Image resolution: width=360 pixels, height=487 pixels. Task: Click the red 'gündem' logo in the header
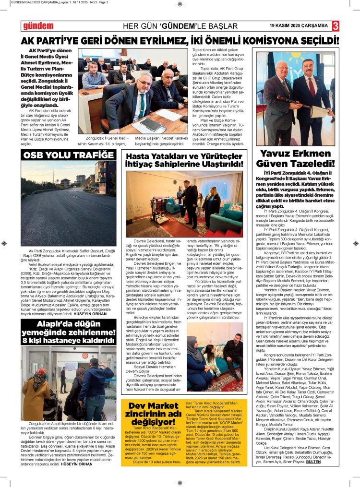pyautogui.click(x=38, y=26)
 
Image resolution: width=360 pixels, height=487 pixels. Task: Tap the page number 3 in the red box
pyautogui.click(x=336, y=25)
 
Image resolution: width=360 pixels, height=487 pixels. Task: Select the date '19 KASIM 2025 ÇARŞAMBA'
pyautogui.click(x=299, y=25)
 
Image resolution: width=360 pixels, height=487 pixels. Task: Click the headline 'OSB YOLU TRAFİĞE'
pyautogui.click(x=69, y=155)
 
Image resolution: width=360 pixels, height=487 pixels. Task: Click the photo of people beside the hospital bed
pyautogui.click(x=184, y=201)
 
